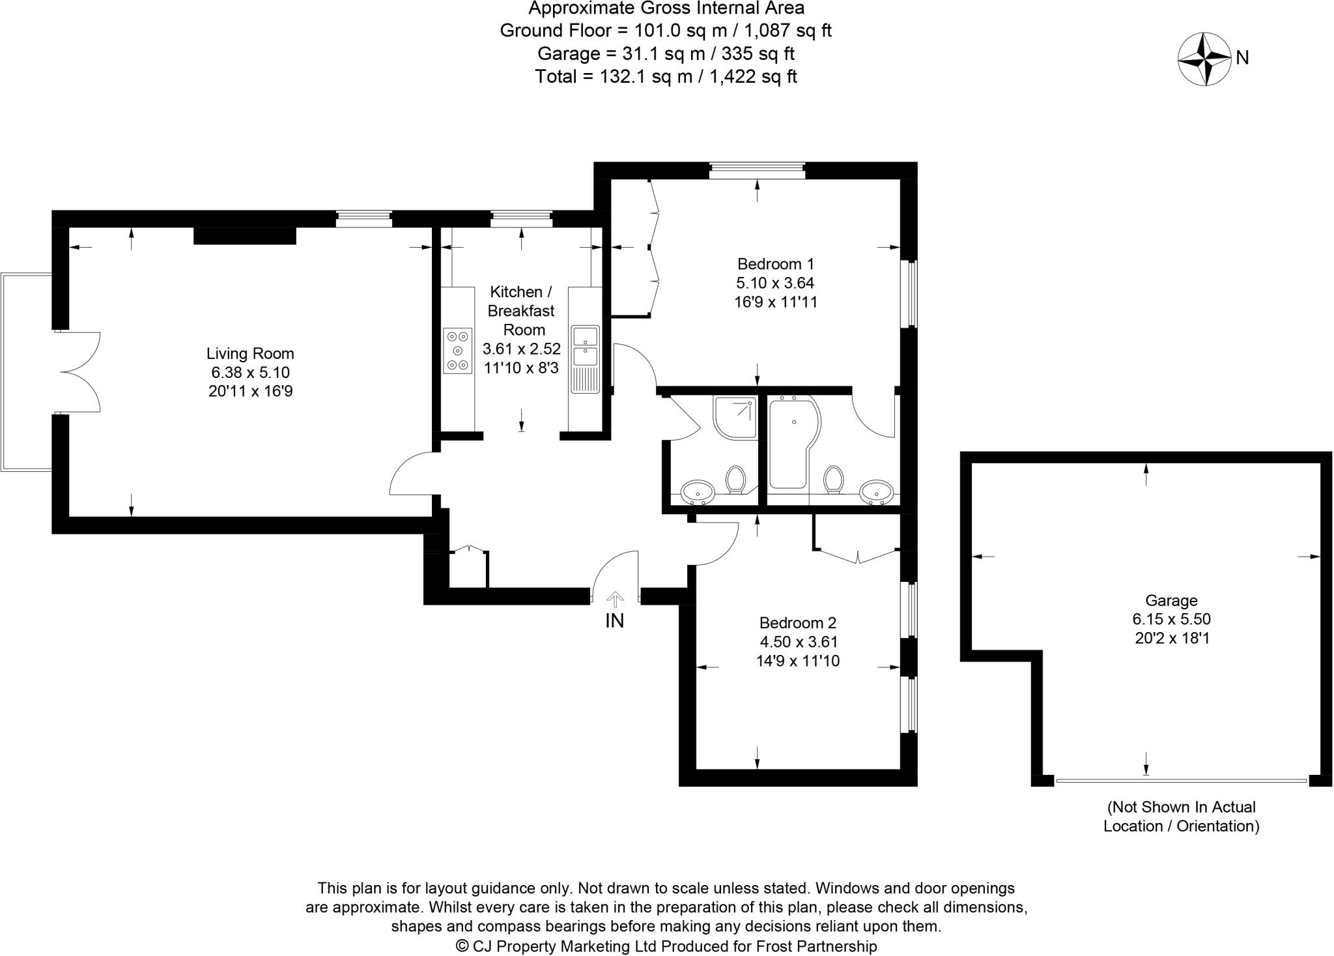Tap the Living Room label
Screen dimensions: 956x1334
point(250,354)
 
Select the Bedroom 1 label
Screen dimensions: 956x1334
point(775,264)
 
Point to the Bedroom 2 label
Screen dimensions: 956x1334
point(798,622)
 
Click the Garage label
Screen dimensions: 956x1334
point(1171,600)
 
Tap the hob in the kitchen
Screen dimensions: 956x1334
point(457,351)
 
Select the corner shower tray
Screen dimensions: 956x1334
point(736,416)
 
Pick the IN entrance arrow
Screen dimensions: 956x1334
point(614,598)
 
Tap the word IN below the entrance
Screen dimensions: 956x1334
point(614,621)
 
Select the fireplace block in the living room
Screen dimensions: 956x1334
point(245,235)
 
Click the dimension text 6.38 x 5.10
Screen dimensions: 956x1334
point(250,373)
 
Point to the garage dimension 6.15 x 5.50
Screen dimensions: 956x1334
point(1171,619)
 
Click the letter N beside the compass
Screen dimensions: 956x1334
point(1242,59)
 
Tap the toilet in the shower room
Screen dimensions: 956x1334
point(736,479)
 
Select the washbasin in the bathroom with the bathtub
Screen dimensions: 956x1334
point(875,492)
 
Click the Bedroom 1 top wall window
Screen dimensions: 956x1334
point(757,171)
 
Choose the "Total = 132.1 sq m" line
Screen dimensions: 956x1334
point(666,77)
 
